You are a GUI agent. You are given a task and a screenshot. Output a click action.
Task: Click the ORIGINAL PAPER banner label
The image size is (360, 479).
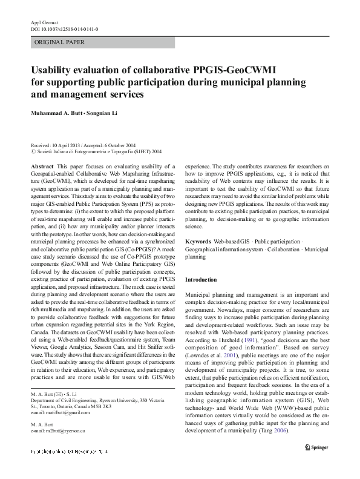point(59,42)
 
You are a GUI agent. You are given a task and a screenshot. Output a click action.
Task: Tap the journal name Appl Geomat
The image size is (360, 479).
point(43,22)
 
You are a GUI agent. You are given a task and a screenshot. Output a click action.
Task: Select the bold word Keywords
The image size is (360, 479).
point(198,242)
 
